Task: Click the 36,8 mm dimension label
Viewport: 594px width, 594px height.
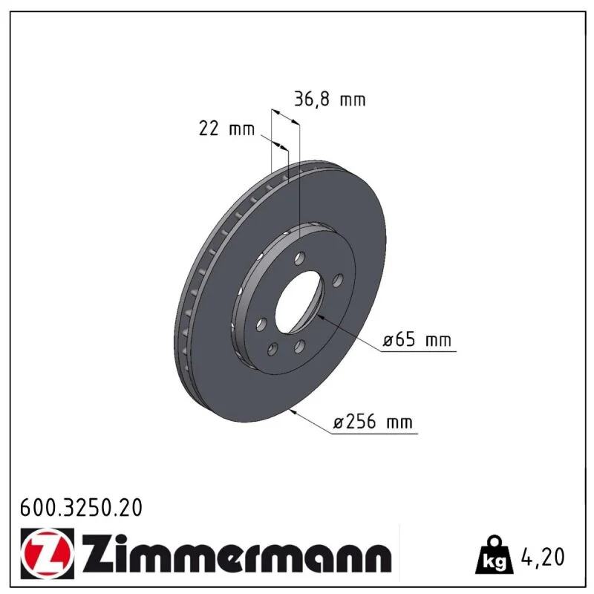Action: pyautogui.click(x=330, y=99)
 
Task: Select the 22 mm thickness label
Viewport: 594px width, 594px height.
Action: pyautogui.click(x=226, y=128)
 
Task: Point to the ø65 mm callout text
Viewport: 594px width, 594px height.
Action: pyautogui.click(x=417, y=339)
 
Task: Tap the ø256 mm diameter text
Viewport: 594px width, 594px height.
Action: pyautogui.click(x=373, y=421)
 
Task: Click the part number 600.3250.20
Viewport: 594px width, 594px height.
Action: pyautogui.click(x=81, y=508)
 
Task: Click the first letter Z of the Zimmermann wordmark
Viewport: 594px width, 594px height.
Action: pyautogui.click(x=95, y=553)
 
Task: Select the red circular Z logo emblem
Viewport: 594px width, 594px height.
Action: pyautogui.click(x=48, y=553)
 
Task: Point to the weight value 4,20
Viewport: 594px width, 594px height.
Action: pyautogui.click(x=543, y=556)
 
